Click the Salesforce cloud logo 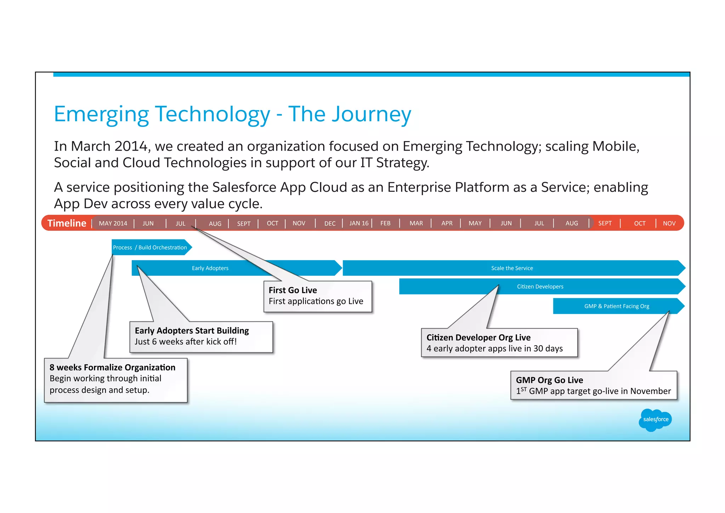[x=655, y=420]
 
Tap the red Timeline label [x=67, y=223]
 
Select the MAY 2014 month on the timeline [x=113, y=223]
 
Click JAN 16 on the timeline [x=359, y=223]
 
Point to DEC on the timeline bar [x=330, y=224]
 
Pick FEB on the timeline [x=385, y=223]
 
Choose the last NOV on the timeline [x=669, y=223]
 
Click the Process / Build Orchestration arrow [x=150, y=247]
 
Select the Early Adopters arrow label [x=210, y=268]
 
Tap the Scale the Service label [x=512, y=268]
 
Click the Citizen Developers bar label [x=540, y=287]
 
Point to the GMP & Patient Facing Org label [x=616, y=306]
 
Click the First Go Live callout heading [x=292, y=290]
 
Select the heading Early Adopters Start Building [x=192, y=331]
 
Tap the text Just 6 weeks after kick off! [x=185, y=342]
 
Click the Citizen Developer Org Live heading [x=478, y=338]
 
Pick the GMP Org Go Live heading [x=549, y=380]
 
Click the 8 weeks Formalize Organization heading [x=112, y=368]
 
